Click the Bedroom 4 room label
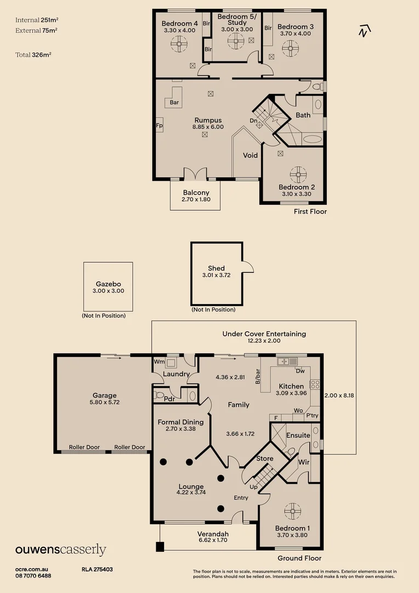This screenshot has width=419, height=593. [180, 24]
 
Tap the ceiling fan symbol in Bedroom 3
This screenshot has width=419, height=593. [291, 48]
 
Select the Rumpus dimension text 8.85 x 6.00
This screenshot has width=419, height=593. [207, 127]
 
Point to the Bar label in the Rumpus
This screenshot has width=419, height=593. [174, 103]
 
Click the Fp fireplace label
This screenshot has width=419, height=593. [160, 125]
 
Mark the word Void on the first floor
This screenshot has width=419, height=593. [251, 155]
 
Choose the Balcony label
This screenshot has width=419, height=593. [195, 193]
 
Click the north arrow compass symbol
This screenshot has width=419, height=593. [362, 31]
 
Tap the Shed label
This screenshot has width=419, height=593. [216, 268]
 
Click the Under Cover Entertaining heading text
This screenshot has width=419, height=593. [264, 334]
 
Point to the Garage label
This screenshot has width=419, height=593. [104, 395]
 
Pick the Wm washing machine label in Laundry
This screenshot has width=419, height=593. [159, 362]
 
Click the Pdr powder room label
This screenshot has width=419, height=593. [169, 399]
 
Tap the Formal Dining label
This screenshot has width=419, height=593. [180, 422]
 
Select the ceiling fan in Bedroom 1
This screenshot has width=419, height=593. [292, 511]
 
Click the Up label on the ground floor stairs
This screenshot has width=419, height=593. [253, 487]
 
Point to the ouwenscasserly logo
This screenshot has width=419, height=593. [60, 550]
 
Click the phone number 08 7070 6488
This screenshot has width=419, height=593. [33, 575]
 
